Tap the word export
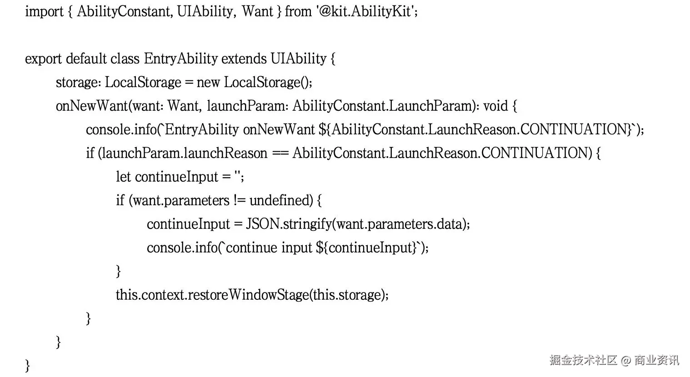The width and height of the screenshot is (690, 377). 44,59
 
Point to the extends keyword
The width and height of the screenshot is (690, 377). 244,59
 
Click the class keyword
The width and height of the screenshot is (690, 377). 125,59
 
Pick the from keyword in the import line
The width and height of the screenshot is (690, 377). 298,11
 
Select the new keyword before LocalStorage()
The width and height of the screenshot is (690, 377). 209,82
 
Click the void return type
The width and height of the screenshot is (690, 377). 495,106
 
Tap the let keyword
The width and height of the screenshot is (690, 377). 124,177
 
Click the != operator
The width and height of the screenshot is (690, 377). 240,200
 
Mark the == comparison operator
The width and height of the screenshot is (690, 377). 280,153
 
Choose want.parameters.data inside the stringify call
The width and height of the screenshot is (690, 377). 401,224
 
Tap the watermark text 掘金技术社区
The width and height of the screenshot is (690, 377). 583,360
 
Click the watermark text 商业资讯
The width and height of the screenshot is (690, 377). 657,360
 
